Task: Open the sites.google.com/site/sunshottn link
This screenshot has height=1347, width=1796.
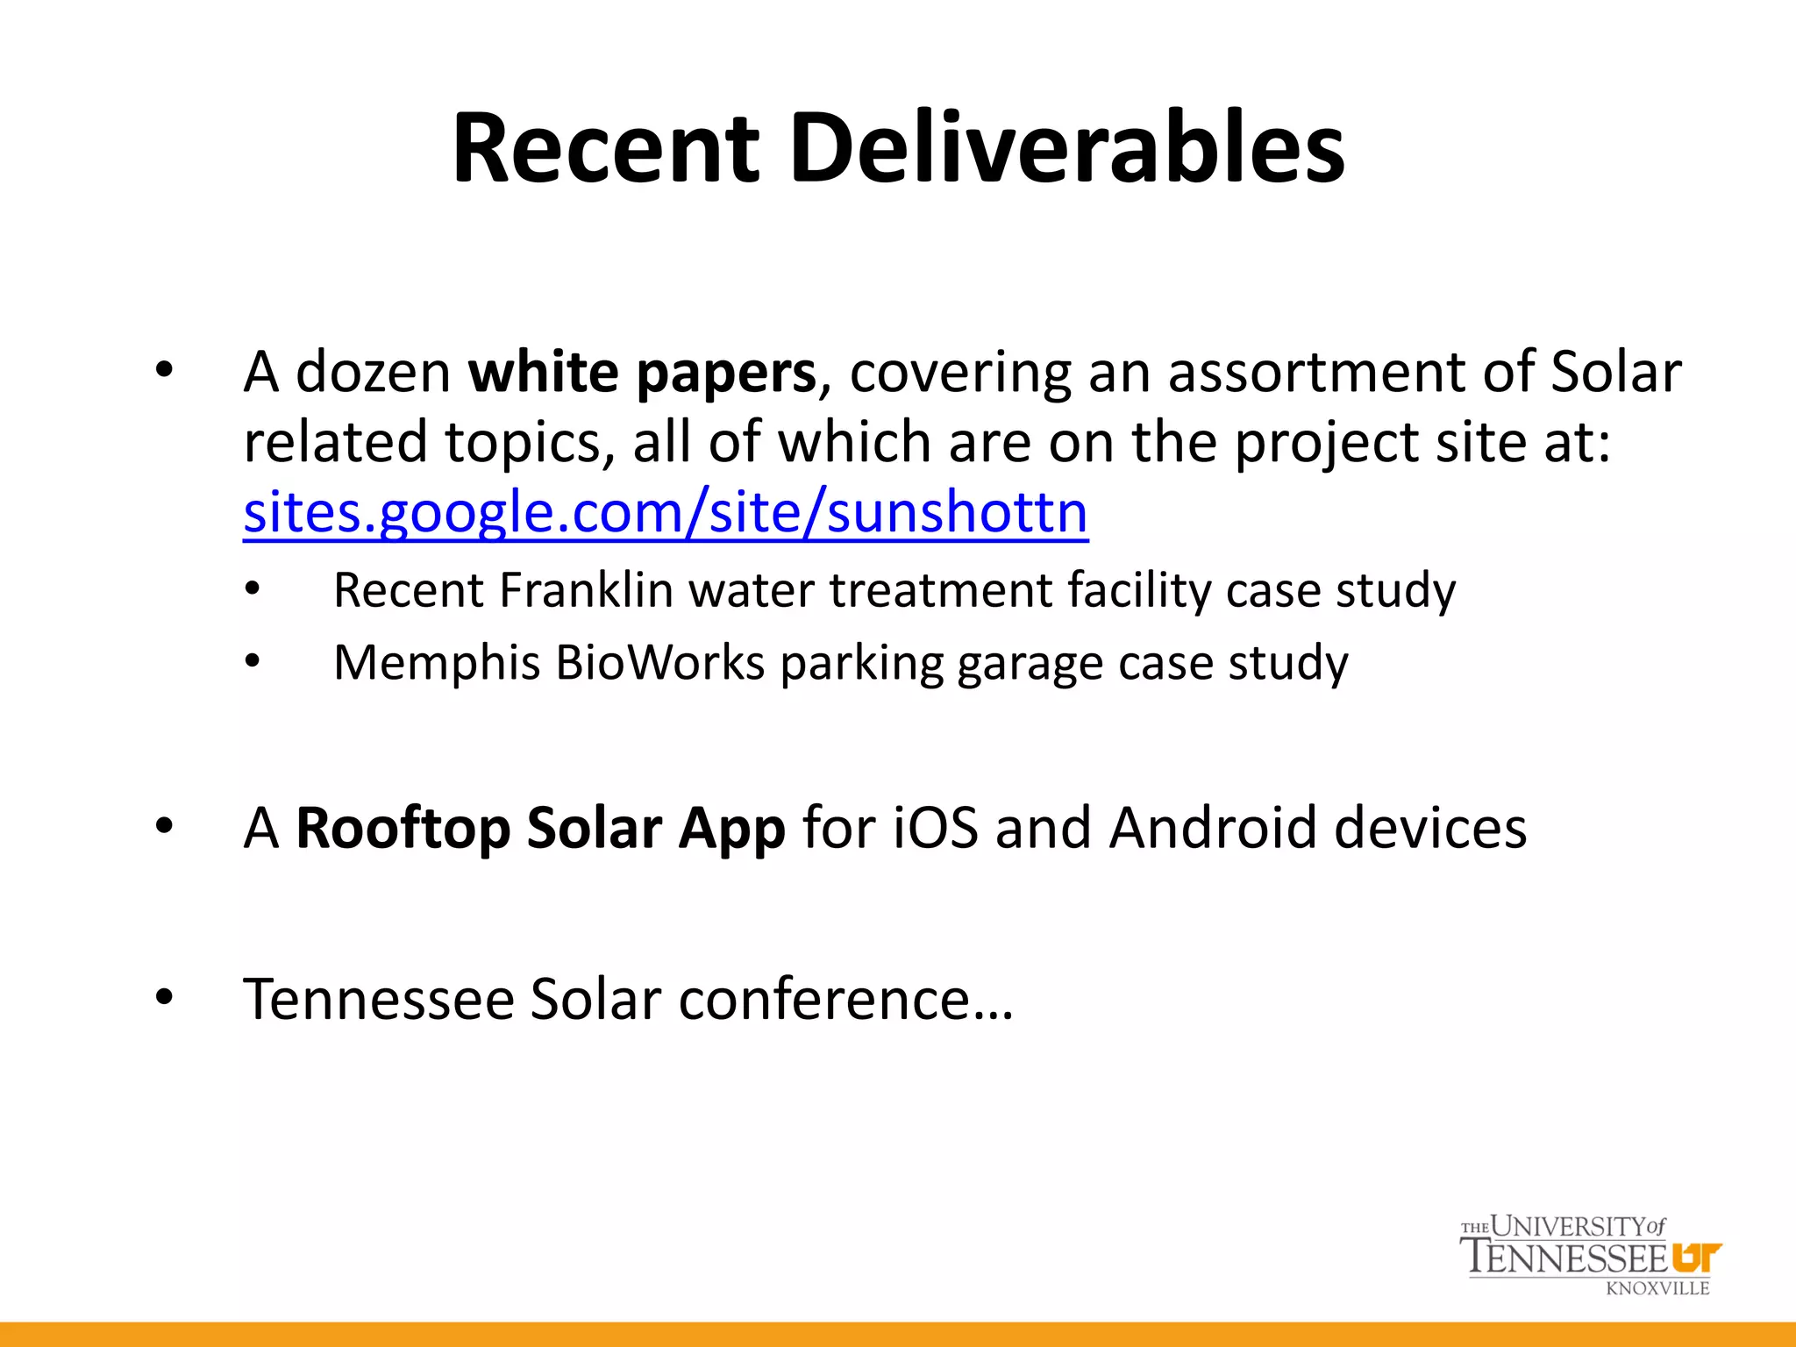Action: pos(666,512)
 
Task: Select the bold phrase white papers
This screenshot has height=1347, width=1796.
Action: pos(642,372)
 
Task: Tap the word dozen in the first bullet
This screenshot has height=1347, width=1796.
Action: pos(374,372)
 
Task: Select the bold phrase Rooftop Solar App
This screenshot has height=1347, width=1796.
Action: pos(540,828)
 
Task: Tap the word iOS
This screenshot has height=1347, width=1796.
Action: pos(935,828)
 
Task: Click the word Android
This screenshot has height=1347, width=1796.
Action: pos(1213,828)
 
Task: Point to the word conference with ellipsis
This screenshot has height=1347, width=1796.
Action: pos(845,999)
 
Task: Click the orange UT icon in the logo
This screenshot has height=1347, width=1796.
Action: pos(1696,1257)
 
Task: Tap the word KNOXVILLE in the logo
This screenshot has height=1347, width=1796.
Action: pos(1657,1288)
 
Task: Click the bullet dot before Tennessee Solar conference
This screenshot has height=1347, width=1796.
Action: pos(164,997)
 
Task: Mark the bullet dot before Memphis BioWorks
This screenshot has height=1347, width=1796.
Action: pos(253,661)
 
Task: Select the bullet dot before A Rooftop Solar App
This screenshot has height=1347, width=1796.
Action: pos(164,826)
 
